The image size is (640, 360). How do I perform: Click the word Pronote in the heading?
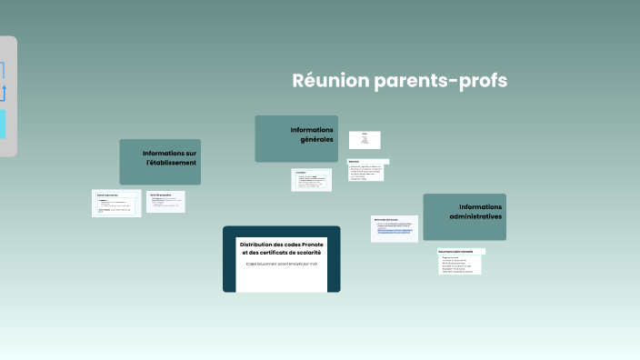[x=306, y=244]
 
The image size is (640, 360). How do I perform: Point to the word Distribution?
[x=259, y=244]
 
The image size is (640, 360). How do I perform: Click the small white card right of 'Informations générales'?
[x=365, y=139]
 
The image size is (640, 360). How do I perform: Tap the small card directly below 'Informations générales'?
[x=311, y=179]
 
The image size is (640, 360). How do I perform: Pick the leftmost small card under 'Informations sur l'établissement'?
[x=117, y=203]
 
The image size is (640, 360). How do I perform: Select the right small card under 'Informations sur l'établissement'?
[x=166, y=201]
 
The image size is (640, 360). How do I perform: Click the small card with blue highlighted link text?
[x=395, y=229]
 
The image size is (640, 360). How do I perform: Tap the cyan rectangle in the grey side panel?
[x=2, y=125]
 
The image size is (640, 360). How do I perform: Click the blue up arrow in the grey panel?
[x=3, y=92]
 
